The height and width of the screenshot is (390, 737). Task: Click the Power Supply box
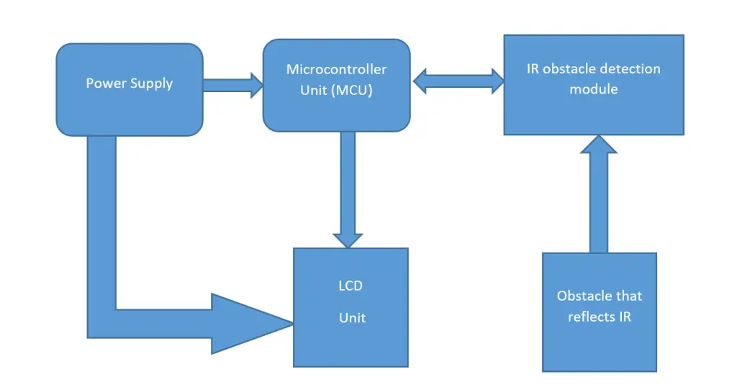coord(130,108)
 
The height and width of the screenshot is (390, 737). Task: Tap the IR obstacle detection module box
coord(593,112)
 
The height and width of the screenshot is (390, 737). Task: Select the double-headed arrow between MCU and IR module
coord(457,81)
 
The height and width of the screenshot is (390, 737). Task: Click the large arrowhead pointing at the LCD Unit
coord(248,323)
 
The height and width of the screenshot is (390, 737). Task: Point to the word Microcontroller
coord(336,70)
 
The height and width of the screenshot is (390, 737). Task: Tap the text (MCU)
coord(353,91)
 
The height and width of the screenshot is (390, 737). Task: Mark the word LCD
coord(351,286)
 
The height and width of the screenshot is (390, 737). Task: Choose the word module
coord(593,89)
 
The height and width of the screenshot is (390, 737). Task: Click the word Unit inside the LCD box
coord(353,317)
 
